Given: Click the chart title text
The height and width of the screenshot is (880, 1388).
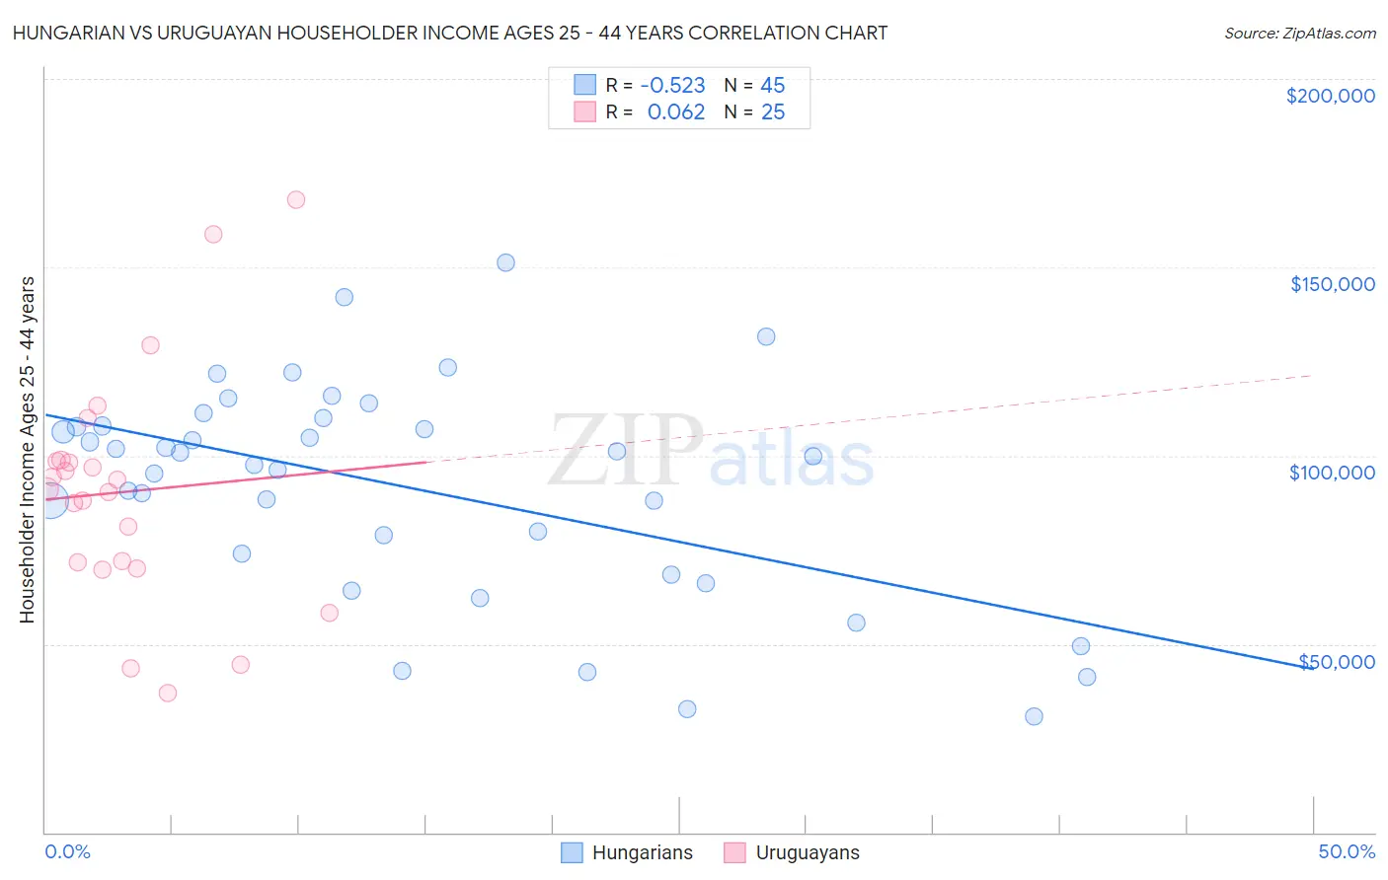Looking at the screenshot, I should [450, 33].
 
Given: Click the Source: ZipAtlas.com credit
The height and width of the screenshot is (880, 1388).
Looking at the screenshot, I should [1299, 33].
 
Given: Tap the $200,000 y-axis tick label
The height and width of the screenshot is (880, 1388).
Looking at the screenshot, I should [1330, 96].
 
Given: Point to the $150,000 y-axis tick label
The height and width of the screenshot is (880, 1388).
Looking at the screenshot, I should [1332, 284].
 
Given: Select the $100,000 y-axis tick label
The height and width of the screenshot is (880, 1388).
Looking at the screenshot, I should [1332, 473].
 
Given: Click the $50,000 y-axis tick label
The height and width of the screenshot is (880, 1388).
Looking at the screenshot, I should [1337, 662].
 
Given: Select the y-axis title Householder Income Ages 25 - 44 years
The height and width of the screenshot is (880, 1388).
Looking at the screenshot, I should [27, 450].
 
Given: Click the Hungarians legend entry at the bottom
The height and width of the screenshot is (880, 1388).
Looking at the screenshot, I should [642, 853].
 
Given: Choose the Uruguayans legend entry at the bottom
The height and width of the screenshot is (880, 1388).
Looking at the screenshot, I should [807, 853].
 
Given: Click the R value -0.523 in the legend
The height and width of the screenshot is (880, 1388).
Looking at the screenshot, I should [672, 86].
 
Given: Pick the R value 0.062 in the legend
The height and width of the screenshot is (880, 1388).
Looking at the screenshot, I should [676, 112].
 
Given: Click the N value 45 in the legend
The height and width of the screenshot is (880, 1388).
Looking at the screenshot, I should [772, 86].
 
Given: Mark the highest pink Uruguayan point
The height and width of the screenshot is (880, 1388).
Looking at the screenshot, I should [296, 199].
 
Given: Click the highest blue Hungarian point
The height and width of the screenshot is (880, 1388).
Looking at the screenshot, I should [505, 262].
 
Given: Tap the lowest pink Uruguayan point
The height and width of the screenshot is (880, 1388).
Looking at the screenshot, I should [168, 694].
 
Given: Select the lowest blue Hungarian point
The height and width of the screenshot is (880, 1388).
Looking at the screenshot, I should [1034, 716].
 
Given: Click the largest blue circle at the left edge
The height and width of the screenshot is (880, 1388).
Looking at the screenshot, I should [49, 500].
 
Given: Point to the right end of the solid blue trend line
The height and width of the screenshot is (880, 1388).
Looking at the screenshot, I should [1311, 668].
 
